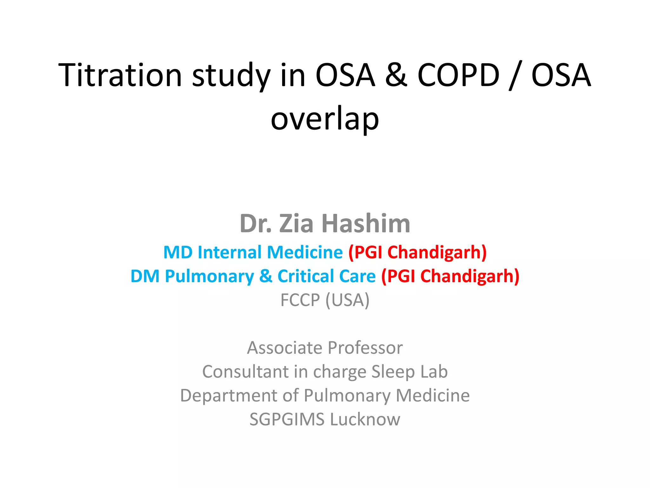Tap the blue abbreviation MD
178,252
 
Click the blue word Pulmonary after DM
209,276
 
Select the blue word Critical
306,276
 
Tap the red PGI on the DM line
401,276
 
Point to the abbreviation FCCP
300,300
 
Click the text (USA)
348,300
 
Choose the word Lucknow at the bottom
365,419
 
